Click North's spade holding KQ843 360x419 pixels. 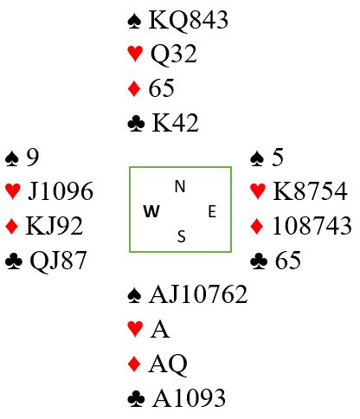point(189,20)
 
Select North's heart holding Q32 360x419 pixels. point(174,54)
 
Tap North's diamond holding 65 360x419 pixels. point(161,88)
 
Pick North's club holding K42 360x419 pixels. point(175,123)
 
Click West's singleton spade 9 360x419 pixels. point(33,158)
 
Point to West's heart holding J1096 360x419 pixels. point(61,191)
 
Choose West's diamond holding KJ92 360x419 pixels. point(55,226)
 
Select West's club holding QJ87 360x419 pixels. point(58,261)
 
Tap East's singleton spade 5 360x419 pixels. point(277,158)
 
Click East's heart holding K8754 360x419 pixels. point(310,191)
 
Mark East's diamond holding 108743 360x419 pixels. point(312,226)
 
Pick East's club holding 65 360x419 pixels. point(288,261)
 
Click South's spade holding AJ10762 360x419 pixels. point(198,294)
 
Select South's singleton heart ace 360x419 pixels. point(159,329)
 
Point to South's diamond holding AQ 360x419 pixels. point(168,364)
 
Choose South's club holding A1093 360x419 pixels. point(189,398)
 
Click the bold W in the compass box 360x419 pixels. point(151,211)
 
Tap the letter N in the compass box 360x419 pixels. point(180,186)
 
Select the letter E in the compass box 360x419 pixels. point(212,211)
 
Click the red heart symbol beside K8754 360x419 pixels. point(258,191)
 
